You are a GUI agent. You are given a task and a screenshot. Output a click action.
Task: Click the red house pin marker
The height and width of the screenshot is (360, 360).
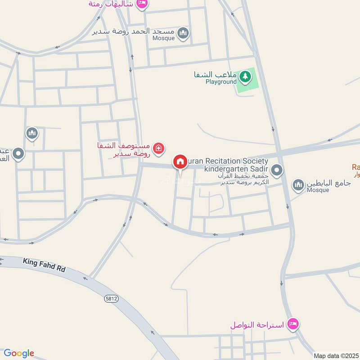(180, 162)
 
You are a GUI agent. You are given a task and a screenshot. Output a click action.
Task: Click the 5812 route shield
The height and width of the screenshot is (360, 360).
(111, 298)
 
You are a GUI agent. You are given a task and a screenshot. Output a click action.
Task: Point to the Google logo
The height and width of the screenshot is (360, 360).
(19, 353)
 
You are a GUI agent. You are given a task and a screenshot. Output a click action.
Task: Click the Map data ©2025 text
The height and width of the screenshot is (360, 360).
(336, 355)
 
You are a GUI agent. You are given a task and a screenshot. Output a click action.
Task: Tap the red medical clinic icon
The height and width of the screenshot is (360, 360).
(158, 148)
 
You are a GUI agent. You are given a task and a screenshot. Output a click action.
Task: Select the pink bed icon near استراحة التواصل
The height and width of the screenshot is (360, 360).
(293, 324)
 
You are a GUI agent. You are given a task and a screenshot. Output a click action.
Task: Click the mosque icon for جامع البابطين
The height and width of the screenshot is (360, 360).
(298, 184)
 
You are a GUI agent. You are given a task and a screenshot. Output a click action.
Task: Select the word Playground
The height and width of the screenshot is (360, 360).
(221, 82)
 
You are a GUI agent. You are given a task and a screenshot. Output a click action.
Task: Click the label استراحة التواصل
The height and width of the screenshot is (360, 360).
(257, 324)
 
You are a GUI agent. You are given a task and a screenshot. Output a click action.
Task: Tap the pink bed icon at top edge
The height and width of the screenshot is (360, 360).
(142, 3)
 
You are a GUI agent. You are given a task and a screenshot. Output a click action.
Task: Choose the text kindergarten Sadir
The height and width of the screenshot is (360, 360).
(236, 169)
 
